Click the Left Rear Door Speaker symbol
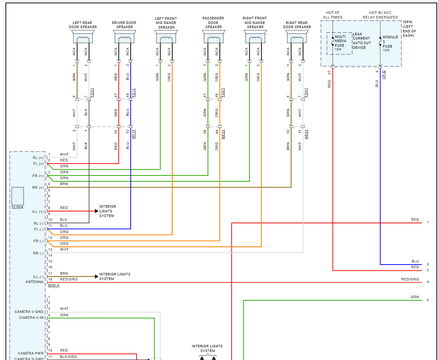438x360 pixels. coord(83,37)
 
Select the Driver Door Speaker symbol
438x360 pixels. coord(124,37)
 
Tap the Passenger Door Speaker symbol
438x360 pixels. coord(214,37)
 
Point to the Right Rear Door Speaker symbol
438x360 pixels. coord(297,37)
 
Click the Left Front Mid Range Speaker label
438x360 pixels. coord(166,23)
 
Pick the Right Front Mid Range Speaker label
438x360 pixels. coord(255,23)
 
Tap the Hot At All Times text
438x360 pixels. coord(333,15)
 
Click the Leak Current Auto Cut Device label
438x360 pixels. coord(361,41)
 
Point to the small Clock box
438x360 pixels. coord(18,195)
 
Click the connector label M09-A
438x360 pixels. coord(54,285)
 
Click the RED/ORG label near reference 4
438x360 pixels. coord(410,279)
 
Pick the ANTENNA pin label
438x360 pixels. coord(34,282)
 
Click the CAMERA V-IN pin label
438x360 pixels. coord(31,318)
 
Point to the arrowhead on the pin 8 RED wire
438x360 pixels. coord(96,211)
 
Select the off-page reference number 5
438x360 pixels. coord(427,300)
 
